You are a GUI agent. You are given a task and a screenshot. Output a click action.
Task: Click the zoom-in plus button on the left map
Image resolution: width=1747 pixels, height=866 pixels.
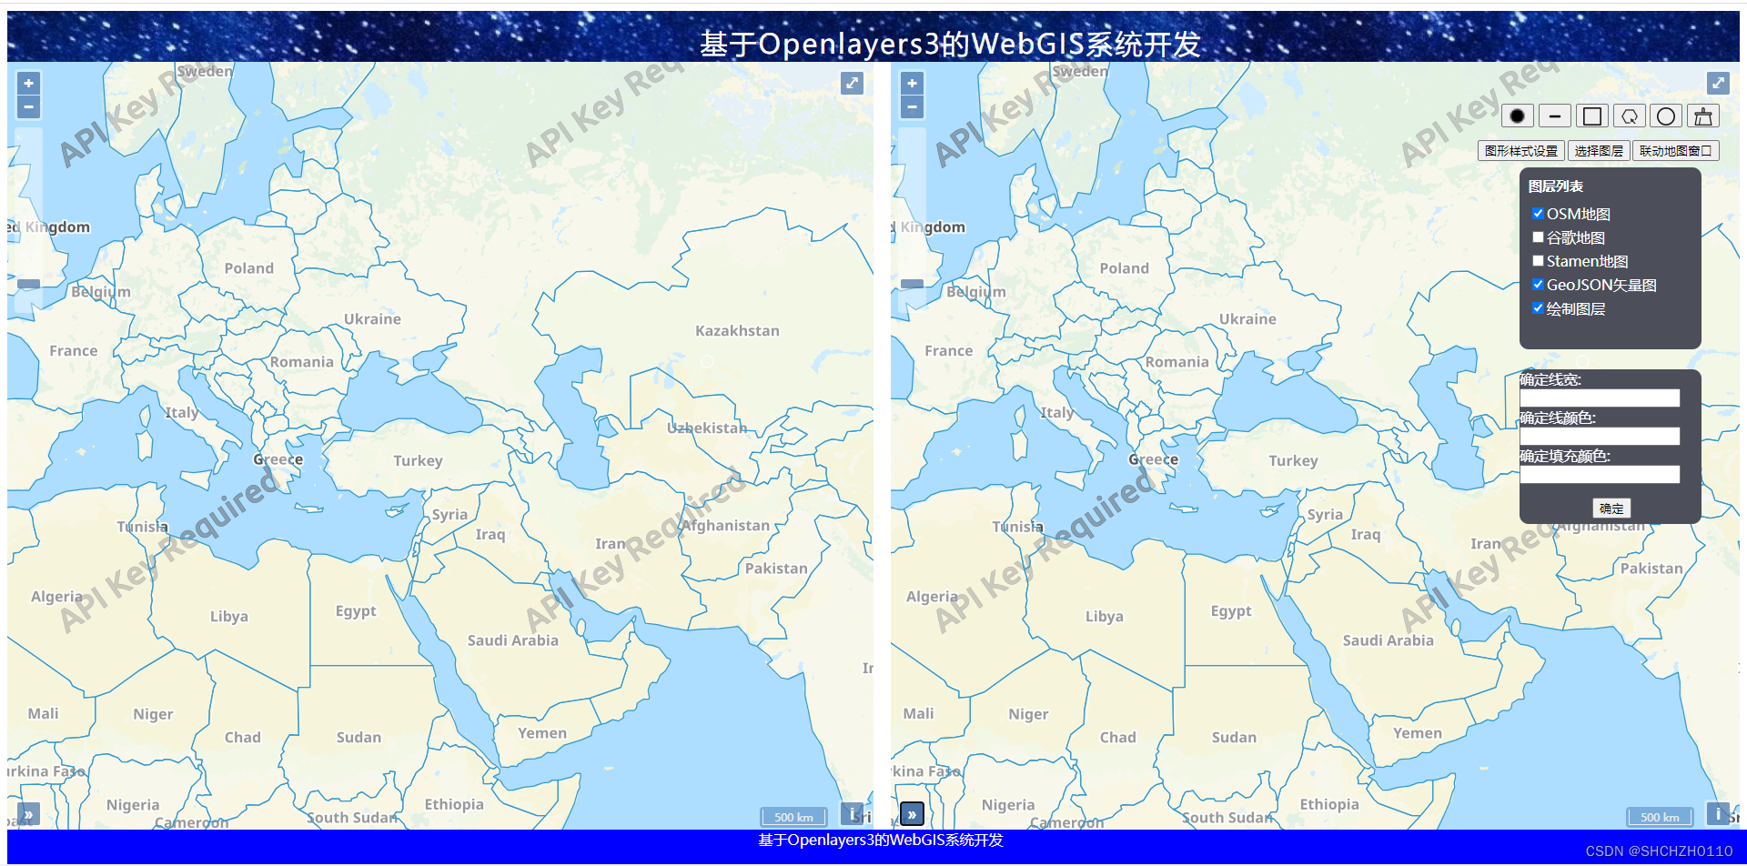click(x=29, y=84)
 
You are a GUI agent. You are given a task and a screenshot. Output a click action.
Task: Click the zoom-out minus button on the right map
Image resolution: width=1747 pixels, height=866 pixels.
click(x=912, y=107)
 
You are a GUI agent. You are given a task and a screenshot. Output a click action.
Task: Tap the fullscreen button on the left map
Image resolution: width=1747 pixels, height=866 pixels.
click(x=852, y=84)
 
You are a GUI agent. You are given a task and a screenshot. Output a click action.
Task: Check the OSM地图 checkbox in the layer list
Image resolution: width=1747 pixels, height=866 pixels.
click(x=1538, y=214)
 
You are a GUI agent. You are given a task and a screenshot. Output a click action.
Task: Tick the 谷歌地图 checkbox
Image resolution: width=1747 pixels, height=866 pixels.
click(x=1538, y=237)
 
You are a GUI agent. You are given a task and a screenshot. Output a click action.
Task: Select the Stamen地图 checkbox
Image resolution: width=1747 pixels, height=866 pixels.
click(x=1538, y=261)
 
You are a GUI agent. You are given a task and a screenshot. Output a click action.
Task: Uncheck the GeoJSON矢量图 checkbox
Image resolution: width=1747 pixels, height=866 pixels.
click(x=1538, y=285)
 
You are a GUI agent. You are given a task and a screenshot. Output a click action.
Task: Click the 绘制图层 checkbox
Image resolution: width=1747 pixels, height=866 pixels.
click(x=1538, y=308)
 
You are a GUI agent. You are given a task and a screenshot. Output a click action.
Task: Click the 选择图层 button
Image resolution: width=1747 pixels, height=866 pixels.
click(x=1599, y=151)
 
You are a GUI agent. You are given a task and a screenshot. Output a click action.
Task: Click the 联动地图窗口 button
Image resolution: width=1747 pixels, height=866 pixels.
click(x=1675, y=151)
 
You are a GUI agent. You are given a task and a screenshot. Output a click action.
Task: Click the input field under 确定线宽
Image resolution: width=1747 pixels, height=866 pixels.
click(x=1600, y=398)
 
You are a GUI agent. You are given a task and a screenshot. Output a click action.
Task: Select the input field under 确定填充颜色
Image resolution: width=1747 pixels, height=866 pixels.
click(x=1600, y=474)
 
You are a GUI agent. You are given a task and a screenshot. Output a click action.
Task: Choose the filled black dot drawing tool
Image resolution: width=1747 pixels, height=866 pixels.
click(x=1517, y=116)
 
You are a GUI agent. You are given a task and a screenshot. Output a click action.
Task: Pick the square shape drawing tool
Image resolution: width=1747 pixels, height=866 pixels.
click(x=1592, y=116)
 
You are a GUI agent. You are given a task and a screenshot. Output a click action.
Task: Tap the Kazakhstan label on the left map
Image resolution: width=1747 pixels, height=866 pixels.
click(x=737, y=331)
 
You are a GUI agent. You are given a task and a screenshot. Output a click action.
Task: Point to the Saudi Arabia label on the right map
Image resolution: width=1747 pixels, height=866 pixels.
click(x=1388, y=640)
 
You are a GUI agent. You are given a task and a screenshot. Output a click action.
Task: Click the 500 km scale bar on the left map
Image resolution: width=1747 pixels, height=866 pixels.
click(x=793, y=817)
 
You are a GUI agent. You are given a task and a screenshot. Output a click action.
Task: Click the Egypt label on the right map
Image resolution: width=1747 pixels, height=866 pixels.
click(x=1231, y=611)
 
